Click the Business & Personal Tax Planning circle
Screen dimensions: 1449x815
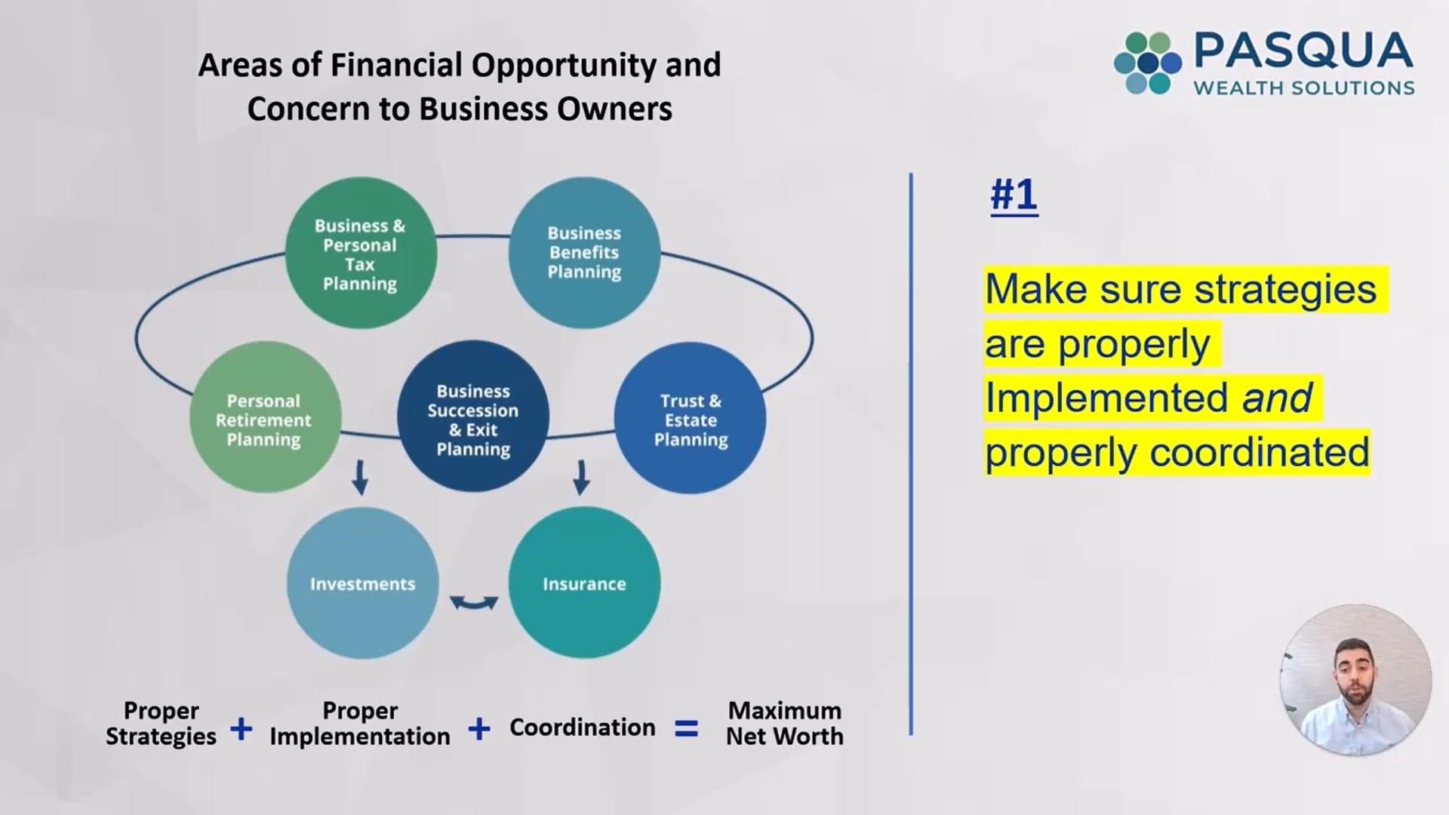361,253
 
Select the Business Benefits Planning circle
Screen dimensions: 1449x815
584,253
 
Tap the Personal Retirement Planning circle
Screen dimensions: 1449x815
265,417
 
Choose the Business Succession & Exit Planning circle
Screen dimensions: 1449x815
473,417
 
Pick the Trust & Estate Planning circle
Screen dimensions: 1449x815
690,418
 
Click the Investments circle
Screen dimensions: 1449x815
362,583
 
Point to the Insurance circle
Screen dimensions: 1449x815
584,583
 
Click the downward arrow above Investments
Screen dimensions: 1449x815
360,477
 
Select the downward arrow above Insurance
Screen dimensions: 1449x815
581,477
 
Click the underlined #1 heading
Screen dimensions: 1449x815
1014,195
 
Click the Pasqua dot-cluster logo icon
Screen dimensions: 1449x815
1147,63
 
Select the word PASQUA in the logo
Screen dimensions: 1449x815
1303,51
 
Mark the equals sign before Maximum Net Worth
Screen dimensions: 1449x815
686,728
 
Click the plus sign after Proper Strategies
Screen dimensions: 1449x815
241,728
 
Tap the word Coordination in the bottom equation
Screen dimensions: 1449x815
583,727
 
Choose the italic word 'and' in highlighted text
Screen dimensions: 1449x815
1278,398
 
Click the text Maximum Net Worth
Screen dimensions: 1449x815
785,723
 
